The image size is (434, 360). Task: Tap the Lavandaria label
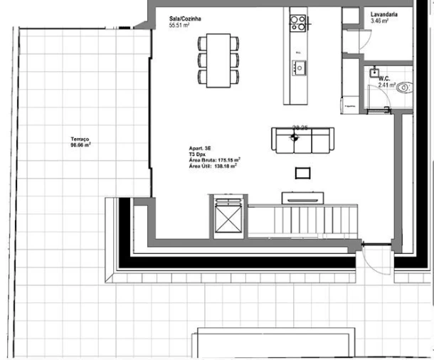(x=384, y=14)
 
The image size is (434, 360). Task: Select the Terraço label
(x=79, y=139)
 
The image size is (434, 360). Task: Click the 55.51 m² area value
(x=179, y=26)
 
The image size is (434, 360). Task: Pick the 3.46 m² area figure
(x=380, y=21)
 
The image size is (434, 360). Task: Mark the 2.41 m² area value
(x=386, y=85)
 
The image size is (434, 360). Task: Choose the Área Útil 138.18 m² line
(x=212, y=167)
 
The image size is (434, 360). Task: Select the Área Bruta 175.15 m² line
(x=214, y=161)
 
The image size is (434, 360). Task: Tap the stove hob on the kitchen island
(x=298, y=22)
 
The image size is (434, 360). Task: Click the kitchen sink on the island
(x=299, y=69)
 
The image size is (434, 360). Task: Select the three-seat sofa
(x=302, y=139)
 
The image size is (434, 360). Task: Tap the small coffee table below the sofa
(x=303, y=171)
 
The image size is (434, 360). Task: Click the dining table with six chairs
(x=218, y=58)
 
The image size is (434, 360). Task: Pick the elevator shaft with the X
(x=228, y=216)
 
